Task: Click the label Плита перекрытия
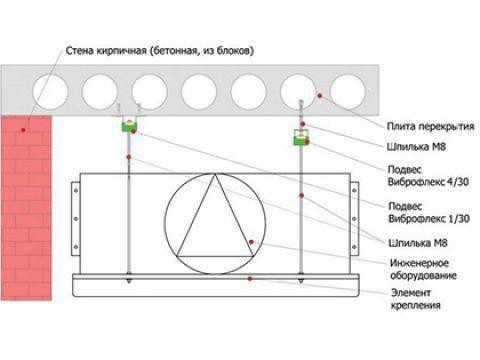pos(430,127)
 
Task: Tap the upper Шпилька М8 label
pos(416,147)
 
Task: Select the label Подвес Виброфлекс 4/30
pos(428,176)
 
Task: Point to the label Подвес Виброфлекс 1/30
pos(429,212)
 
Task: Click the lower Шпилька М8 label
pos(418,243)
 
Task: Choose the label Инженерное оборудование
pos(423,269)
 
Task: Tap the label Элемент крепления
pos(415,299)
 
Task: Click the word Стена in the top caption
pos(79,51)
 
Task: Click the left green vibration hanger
pos(129,126)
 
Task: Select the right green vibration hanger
pos(301,140)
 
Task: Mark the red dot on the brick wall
pos(23,129)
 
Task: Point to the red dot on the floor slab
pos(320,96)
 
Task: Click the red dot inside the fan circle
pos(251,242)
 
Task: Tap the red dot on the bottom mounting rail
pos(250,278)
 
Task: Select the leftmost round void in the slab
pos(50,92)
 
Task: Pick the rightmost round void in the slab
pos(348,92)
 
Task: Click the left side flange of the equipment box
pos(76,219)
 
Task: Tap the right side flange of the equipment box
pos(355,219)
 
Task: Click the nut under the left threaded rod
pos(129,277)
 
